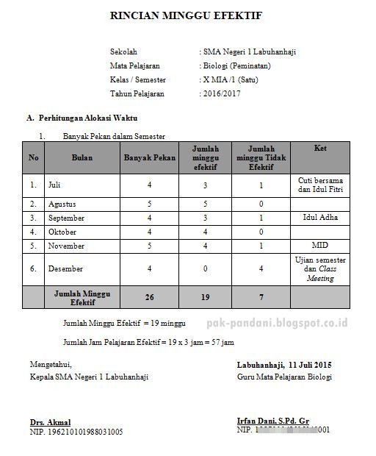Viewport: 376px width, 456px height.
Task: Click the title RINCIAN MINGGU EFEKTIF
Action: tap(185, 15)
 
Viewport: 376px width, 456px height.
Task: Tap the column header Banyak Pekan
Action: tap(149, 158)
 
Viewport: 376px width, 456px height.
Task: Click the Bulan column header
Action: tap(82, 158)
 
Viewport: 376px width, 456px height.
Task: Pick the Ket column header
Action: tap(319, 149)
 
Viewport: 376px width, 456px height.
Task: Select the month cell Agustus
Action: tap(62, 204)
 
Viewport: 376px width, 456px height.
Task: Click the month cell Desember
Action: tap(65, 269)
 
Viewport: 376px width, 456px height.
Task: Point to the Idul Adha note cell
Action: tap(319, 218)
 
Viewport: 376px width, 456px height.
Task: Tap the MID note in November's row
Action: tap(319, 245)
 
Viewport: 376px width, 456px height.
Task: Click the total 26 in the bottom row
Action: tap(149, 297)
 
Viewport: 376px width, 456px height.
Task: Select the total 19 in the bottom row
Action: tap(205, 297)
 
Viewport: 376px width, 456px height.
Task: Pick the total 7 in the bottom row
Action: tap(261, 297)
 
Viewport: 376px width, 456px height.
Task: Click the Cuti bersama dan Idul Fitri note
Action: tap(319, 185)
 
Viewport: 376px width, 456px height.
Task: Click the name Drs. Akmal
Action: tap(50, 422)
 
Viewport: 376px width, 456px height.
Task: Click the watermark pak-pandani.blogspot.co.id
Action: tap(297, 323)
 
